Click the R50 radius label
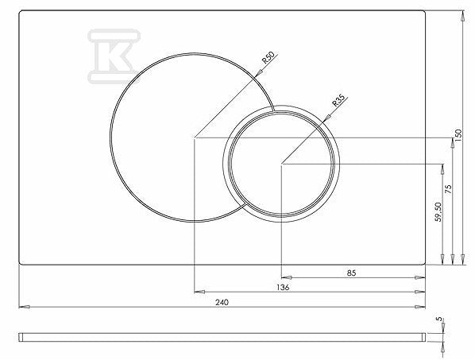coord(268,57)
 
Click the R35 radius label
coord(338,101)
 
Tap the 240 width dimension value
coord(222,302)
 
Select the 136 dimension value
coord(283,287)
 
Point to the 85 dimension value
coord(351,273)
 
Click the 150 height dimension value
coord(458,135)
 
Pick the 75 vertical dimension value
coord(448,189)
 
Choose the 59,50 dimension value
coord(438,212)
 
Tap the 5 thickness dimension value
coord(440,319)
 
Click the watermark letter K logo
coord(114,56)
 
